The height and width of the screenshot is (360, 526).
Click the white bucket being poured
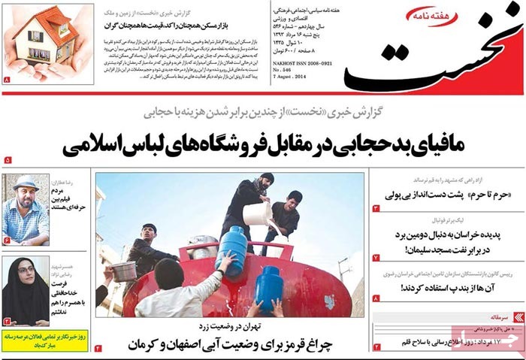tap(258, 213)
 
